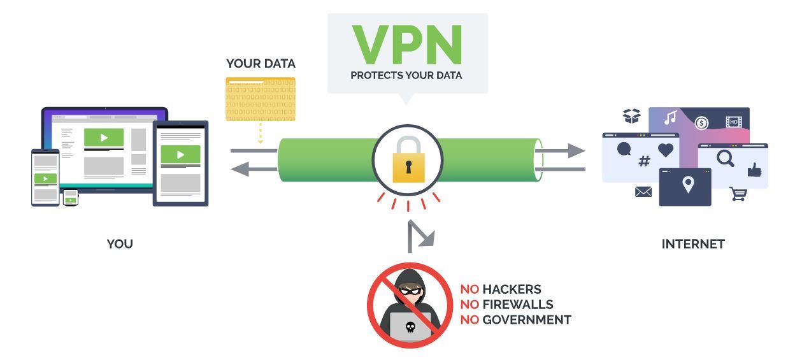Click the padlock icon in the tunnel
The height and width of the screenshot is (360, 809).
click(408, 161)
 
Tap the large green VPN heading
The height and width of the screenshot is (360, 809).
click(407, 45)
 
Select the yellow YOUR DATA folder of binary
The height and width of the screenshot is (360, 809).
click(261, 99)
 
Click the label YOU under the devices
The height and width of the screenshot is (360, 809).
click(120, 244)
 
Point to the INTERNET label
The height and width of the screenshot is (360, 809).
click(693, 244)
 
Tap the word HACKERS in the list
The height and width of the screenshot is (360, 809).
click(512, 289)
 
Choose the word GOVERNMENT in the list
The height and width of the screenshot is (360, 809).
click(526, 320)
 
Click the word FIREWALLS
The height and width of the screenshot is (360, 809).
click(517, 305)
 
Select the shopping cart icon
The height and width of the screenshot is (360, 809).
click(738, 194)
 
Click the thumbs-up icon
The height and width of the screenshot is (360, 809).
click(754, 169)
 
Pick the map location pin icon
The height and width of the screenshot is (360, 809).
click(687, 185)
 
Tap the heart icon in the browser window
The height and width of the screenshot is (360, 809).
click(666, 150)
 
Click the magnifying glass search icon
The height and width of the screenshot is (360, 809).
click(726, 157)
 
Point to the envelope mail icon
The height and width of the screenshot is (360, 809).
click(643, 191)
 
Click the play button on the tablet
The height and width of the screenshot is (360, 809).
click(180, 154)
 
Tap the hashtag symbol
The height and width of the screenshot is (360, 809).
click(644, 161)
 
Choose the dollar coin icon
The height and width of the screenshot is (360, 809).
click(701, 123)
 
